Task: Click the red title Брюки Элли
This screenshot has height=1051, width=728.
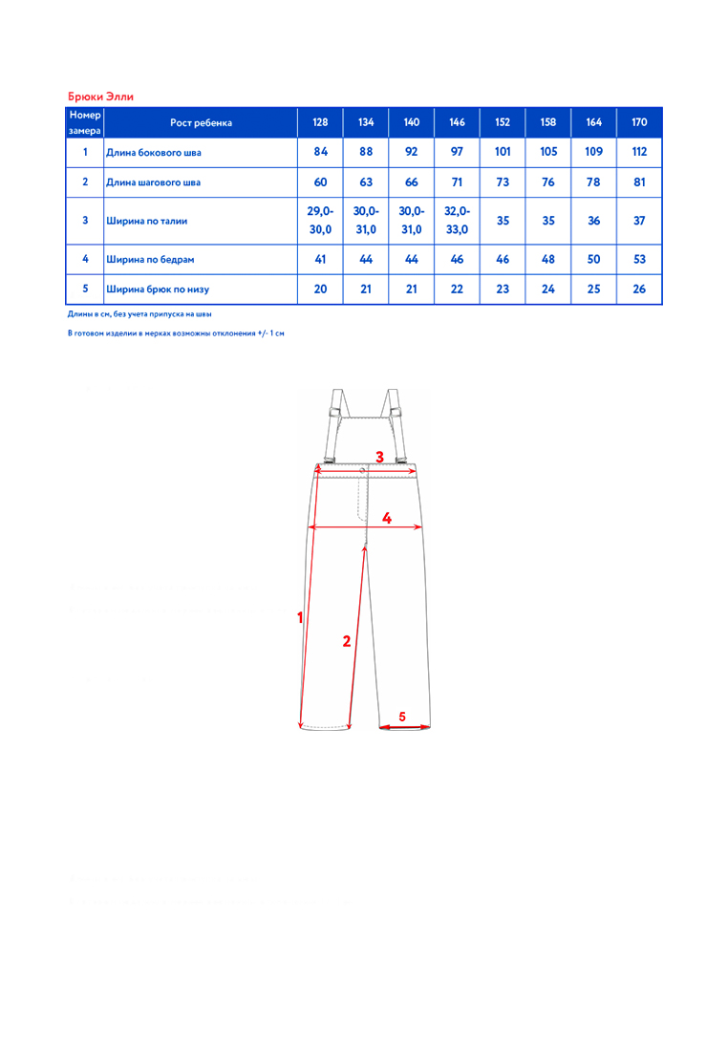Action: (x=100, y=97)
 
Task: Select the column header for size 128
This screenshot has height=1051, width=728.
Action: (x=320, y=123)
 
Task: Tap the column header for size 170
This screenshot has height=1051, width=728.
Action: (x=640, y=123)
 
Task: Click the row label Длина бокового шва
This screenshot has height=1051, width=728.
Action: (x=153, y=152)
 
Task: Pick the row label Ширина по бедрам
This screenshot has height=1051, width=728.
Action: (x=150, y=258)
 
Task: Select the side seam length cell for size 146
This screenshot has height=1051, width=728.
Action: (x=457, y=152)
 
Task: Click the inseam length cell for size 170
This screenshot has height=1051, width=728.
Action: (x=640, y=181)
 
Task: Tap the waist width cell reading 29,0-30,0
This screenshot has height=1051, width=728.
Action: (x=320, y=220)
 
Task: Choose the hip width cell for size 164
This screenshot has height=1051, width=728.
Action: (x=594, y=258)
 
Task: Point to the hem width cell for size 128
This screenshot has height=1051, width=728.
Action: (x=320, y=290)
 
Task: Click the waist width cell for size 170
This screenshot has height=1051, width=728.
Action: (x=640, y=220)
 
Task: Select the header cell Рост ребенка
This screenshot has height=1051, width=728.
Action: (x=201, y=123)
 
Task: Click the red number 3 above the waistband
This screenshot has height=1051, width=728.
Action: (x=379, y=457)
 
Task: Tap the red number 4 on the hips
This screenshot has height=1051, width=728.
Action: (x=387, y=518)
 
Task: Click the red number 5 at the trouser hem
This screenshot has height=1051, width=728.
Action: (x=402, y=715)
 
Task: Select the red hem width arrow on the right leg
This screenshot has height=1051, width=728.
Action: (x=403, y=726)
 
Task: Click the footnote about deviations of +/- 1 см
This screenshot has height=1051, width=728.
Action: (x=176, y=332)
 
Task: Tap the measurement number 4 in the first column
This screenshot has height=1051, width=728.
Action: (x=85, y=258)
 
